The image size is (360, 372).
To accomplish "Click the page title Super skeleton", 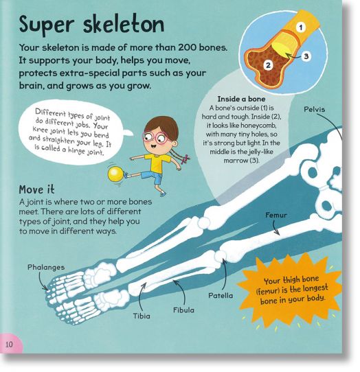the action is (91, 25).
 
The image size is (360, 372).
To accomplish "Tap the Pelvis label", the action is (314, 109).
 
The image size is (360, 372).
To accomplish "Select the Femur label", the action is (276, 216).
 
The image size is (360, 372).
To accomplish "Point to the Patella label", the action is (221, 296).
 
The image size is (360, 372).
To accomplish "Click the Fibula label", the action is (183, 310).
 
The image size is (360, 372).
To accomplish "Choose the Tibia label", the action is (142, 316).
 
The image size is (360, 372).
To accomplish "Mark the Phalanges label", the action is (46, 268).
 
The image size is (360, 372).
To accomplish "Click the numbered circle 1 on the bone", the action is (301, 27).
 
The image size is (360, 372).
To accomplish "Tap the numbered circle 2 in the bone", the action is (268, 65).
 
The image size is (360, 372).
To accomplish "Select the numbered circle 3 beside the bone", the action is (306, 56).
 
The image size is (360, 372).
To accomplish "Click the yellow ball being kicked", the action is (115, 174).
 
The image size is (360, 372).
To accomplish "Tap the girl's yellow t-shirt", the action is (158, 163).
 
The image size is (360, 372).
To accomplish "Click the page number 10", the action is (9, 345).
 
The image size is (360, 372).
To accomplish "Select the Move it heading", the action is (36, 189).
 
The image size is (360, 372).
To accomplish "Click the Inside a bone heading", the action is (241, 99).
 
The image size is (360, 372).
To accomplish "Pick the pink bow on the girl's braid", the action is (185, 159).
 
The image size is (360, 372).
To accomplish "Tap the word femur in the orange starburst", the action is (266, 291).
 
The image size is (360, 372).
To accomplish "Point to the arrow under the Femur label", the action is (275, 228).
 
